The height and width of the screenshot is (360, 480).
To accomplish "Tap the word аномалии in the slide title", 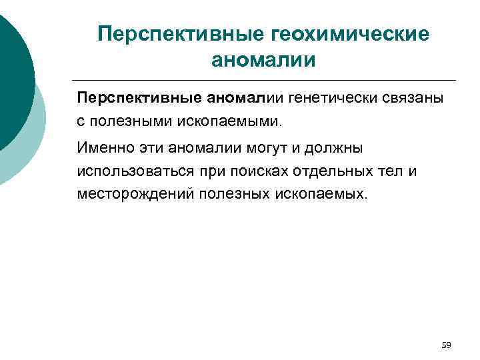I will point(262,61).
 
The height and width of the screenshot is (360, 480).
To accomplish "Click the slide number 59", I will point(446,345).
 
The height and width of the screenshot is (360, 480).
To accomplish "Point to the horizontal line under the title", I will point(267,81).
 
